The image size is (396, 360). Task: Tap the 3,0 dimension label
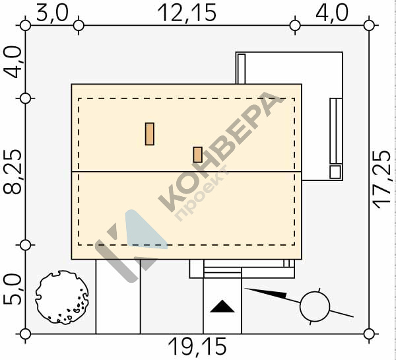52,14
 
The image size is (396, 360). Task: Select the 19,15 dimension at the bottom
197,347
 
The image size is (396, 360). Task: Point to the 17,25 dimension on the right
382,180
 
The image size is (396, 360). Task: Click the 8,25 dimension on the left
13,172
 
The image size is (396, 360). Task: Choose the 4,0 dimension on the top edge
332,13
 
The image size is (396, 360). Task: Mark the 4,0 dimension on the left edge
13,62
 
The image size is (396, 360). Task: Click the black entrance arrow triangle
222,306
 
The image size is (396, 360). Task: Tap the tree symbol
62,297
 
